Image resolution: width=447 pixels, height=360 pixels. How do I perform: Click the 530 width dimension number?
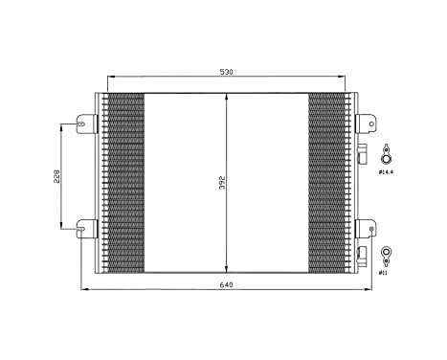[x=227, y=71]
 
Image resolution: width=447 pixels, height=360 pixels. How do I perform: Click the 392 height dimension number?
[x=221, y=182]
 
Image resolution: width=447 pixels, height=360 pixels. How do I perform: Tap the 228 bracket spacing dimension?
[x=56, y=178]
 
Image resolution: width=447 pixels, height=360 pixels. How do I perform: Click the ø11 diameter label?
[x=384, y=273]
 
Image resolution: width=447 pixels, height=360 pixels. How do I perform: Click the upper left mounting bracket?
[x=88, y=123]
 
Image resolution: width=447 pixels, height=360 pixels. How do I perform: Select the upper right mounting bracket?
[x=366, y=123]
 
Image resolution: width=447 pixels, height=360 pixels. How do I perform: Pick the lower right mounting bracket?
[x=366, y=228]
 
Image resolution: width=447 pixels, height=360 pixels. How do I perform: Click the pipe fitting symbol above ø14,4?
[x=386, y=156]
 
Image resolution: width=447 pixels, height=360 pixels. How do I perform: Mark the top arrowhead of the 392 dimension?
[x=227, y=96]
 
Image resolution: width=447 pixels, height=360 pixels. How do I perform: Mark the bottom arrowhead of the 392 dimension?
[x=227, y=268]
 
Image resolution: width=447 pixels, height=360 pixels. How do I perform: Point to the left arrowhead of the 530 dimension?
[x=111, y=78]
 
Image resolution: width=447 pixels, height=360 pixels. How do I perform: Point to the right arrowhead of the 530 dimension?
[x=342, y=78]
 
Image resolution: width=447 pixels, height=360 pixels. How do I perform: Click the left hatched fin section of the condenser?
[x=123, y=182]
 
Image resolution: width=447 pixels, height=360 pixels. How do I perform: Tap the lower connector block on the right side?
[x=363, y=255]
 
